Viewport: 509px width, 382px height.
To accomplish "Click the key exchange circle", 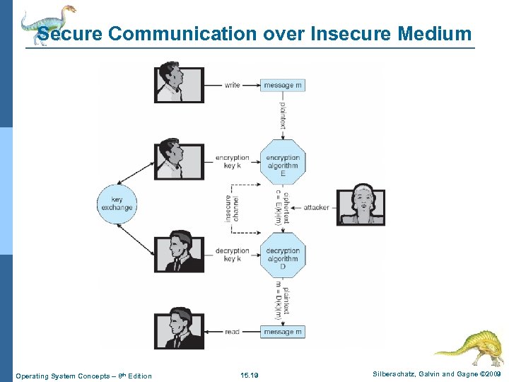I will (117, 204).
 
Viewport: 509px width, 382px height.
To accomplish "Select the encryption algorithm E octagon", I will (283, 166).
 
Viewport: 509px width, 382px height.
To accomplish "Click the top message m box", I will (282, 86).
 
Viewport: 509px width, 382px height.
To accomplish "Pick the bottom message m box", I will (282, 332).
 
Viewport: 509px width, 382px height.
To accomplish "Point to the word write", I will (233, 86).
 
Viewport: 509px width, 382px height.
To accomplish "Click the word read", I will (233, 332).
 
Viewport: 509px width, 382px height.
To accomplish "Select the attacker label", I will (316, 207).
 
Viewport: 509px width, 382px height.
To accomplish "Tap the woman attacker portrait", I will (361, 205).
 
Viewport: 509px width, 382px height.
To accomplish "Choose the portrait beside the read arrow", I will (179, 330).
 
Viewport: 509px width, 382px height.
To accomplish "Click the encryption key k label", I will (233, 162).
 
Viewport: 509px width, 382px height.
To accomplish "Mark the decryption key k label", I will (233, 255).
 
